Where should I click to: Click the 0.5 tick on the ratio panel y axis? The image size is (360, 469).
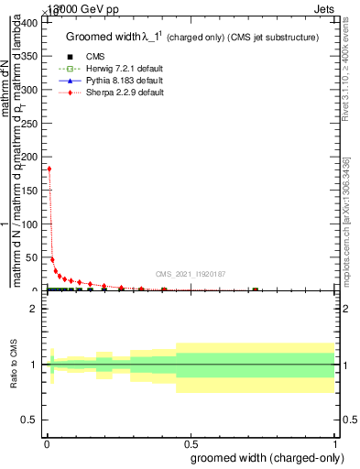28,420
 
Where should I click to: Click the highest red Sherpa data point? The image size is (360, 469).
49,169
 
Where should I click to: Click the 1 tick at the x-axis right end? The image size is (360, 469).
336,444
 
